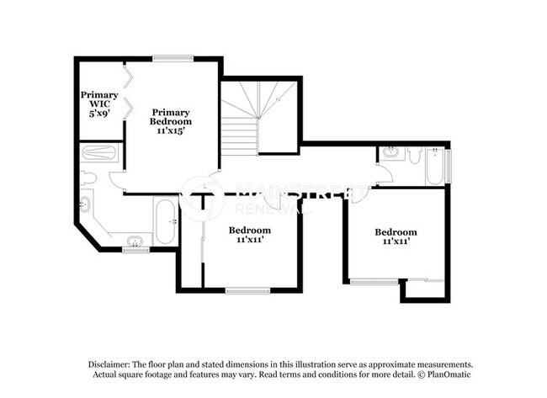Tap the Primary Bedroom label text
(171, 122)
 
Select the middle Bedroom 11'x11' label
(250, 235)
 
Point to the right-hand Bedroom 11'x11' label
(396, 237)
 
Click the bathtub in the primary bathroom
(165, 221)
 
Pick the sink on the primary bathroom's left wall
(85, 205)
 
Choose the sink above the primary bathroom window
(135, 242)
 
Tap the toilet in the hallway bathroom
(414, 155)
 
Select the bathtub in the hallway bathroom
(434, 166)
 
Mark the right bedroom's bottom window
(374, 282)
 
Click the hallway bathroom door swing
(383, 174)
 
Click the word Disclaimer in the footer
(111, 364)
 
